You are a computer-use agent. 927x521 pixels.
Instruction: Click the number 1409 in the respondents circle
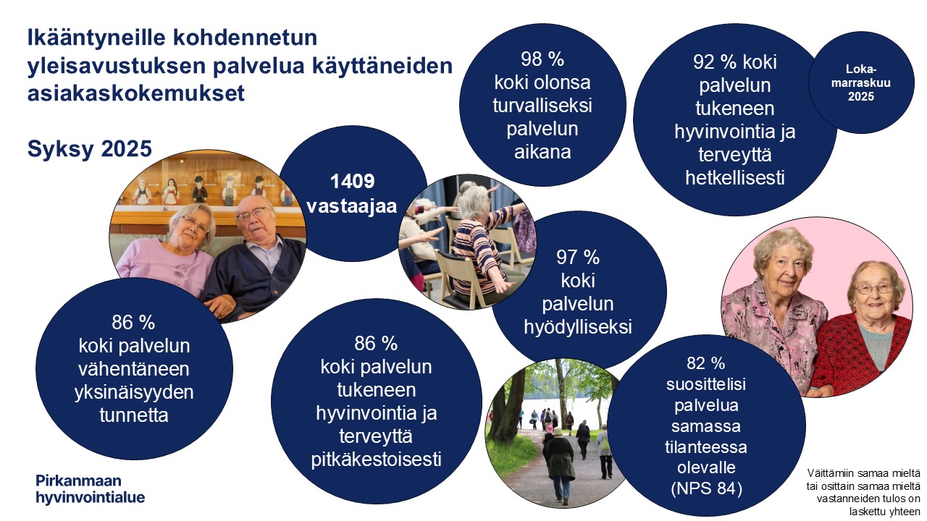[353, 181]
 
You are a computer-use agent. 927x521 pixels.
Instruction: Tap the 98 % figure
[542, 59]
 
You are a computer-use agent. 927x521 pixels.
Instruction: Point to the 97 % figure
[577, 257]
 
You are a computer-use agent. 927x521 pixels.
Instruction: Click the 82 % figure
[705, 363]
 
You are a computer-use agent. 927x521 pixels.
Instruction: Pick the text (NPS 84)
[706, 488]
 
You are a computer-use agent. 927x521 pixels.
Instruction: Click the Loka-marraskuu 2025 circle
[860, 82]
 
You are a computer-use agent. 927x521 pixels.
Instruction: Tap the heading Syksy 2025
[89, 148]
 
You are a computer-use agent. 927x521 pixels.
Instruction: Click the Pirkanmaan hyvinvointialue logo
[90, 488]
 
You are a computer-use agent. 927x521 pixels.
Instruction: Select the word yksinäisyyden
[134, 392]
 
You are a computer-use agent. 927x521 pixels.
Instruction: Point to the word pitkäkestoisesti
[376, 459]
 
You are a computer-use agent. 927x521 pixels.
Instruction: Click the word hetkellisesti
[735, 178]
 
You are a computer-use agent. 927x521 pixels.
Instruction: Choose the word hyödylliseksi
[577, 327]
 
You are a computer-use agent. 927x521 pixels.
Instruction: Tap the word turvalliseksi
[542, 106]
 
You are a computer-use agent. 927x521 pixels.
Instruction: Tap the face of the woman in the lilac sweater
[191, 224]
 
